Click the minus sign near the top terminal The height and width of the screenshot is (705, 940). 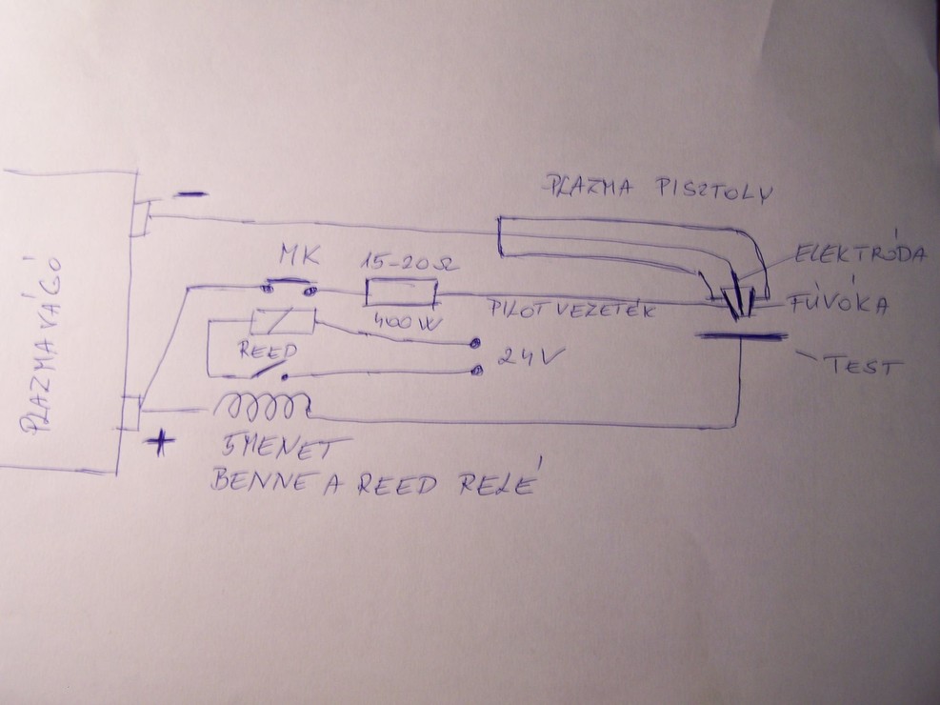coord(190,195)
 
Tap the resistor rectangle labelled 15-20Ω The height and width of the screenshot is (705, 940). coord(400,292)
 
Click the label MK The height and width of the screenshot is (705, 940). coord(295,256)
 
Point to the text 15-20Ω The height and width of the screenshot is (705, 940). coord(401,260)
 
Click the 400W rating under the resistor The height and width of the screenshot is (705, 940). coord(404,322)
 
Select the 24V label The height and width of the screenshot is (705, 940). coord(523,360)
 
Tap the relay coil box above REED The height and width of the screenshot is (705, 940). coord(282,321)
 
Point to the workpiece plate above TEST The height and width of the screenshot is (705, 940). coord(742,335)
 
